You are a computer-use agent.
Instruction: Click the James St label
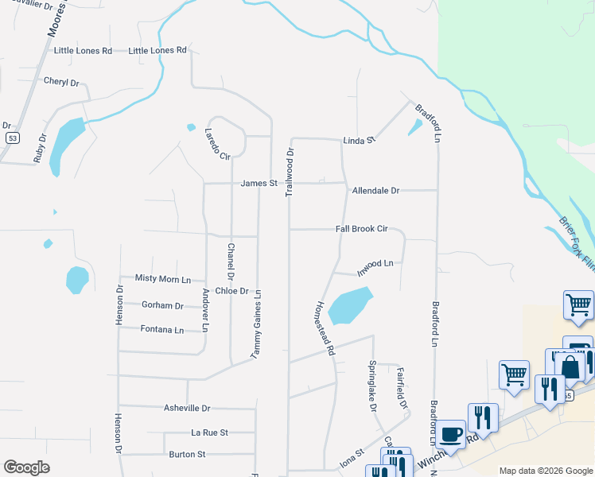259,183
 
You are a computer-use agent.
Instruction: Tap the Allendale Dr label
375,191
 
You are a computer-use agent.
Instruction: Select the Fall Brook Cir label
361,229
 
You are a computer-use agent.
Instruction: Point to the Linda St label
359,141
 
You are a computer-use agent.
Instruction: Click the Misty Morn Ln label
163,279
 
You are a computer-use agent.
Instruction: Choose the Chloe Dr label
232,292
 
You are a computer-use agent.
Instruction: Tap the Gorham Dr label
162,305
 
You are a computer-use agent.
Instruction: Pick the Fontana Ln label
161,330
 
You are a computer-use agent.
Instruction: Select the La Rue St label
209,432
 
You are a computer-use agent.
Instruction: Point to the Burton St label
187,455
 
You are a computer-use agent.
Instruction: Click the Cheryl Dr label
61,82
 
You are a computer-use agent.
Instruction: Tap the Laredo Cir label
216,144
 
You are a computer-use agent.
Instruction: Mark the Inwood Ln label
375,264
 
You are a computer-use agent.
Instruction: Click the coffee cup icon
451,435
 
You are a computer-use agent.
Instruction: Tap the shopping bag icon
570,368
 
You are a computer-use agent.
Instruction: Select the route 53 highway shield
12,138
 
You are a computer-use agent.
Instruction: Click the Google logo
26,467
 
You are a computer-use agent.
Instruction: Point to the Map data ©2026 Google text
545,471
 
